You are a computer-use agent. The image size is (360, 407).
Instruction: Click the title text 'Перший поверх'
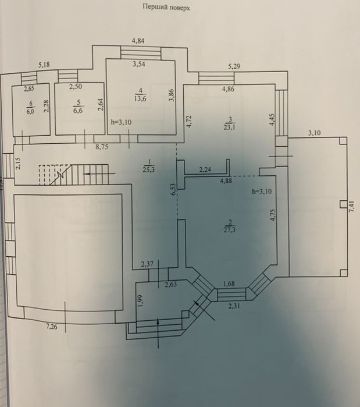pyautogui.click(x=166, y=7)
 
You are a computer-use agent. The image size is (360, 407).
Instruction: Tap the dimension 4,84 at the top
pyautogui.click(x=138, y=41)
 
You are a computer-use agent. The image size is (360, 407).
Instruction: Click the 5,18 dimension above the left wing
pyautogui.click(x=44, y=65)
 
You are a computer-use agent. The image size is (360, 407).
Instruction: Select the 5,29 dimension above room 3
pyautogui.click(x=234, y=66)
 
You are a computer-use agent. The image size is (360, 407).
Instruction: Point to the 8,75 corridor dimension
pyautogui.click(x=102, y=147)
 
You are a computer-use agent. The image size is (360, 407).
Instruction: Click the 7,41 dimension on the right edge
pyautogui.click(x=351, y=207)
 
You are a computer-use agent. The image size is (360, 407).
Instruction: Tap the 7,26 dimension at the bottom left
pyautogui.click(x=52, y=327)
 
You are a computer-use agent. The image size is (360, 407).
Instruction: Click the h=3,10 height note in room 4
pyautogui.click(x=121, y=122)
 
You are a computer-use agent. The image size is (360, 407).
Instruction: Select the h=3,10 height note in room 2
pyautogui.click(x=262, y=192)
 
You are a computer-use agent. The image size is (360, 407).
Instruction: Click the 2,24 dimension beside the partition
pyautogui.click(x=205, y=170)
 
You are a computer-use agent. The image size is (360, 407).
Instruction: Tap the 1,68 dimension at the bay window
pyautogui.click(x=229, y=284)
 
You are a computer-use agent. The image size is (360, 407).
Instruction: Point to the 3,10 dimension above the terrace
pyautogui.click(x=314, y=133)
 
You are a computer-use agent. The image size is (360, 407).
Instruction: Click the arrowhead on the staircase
pyautogui.click(x=88, y=174)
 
